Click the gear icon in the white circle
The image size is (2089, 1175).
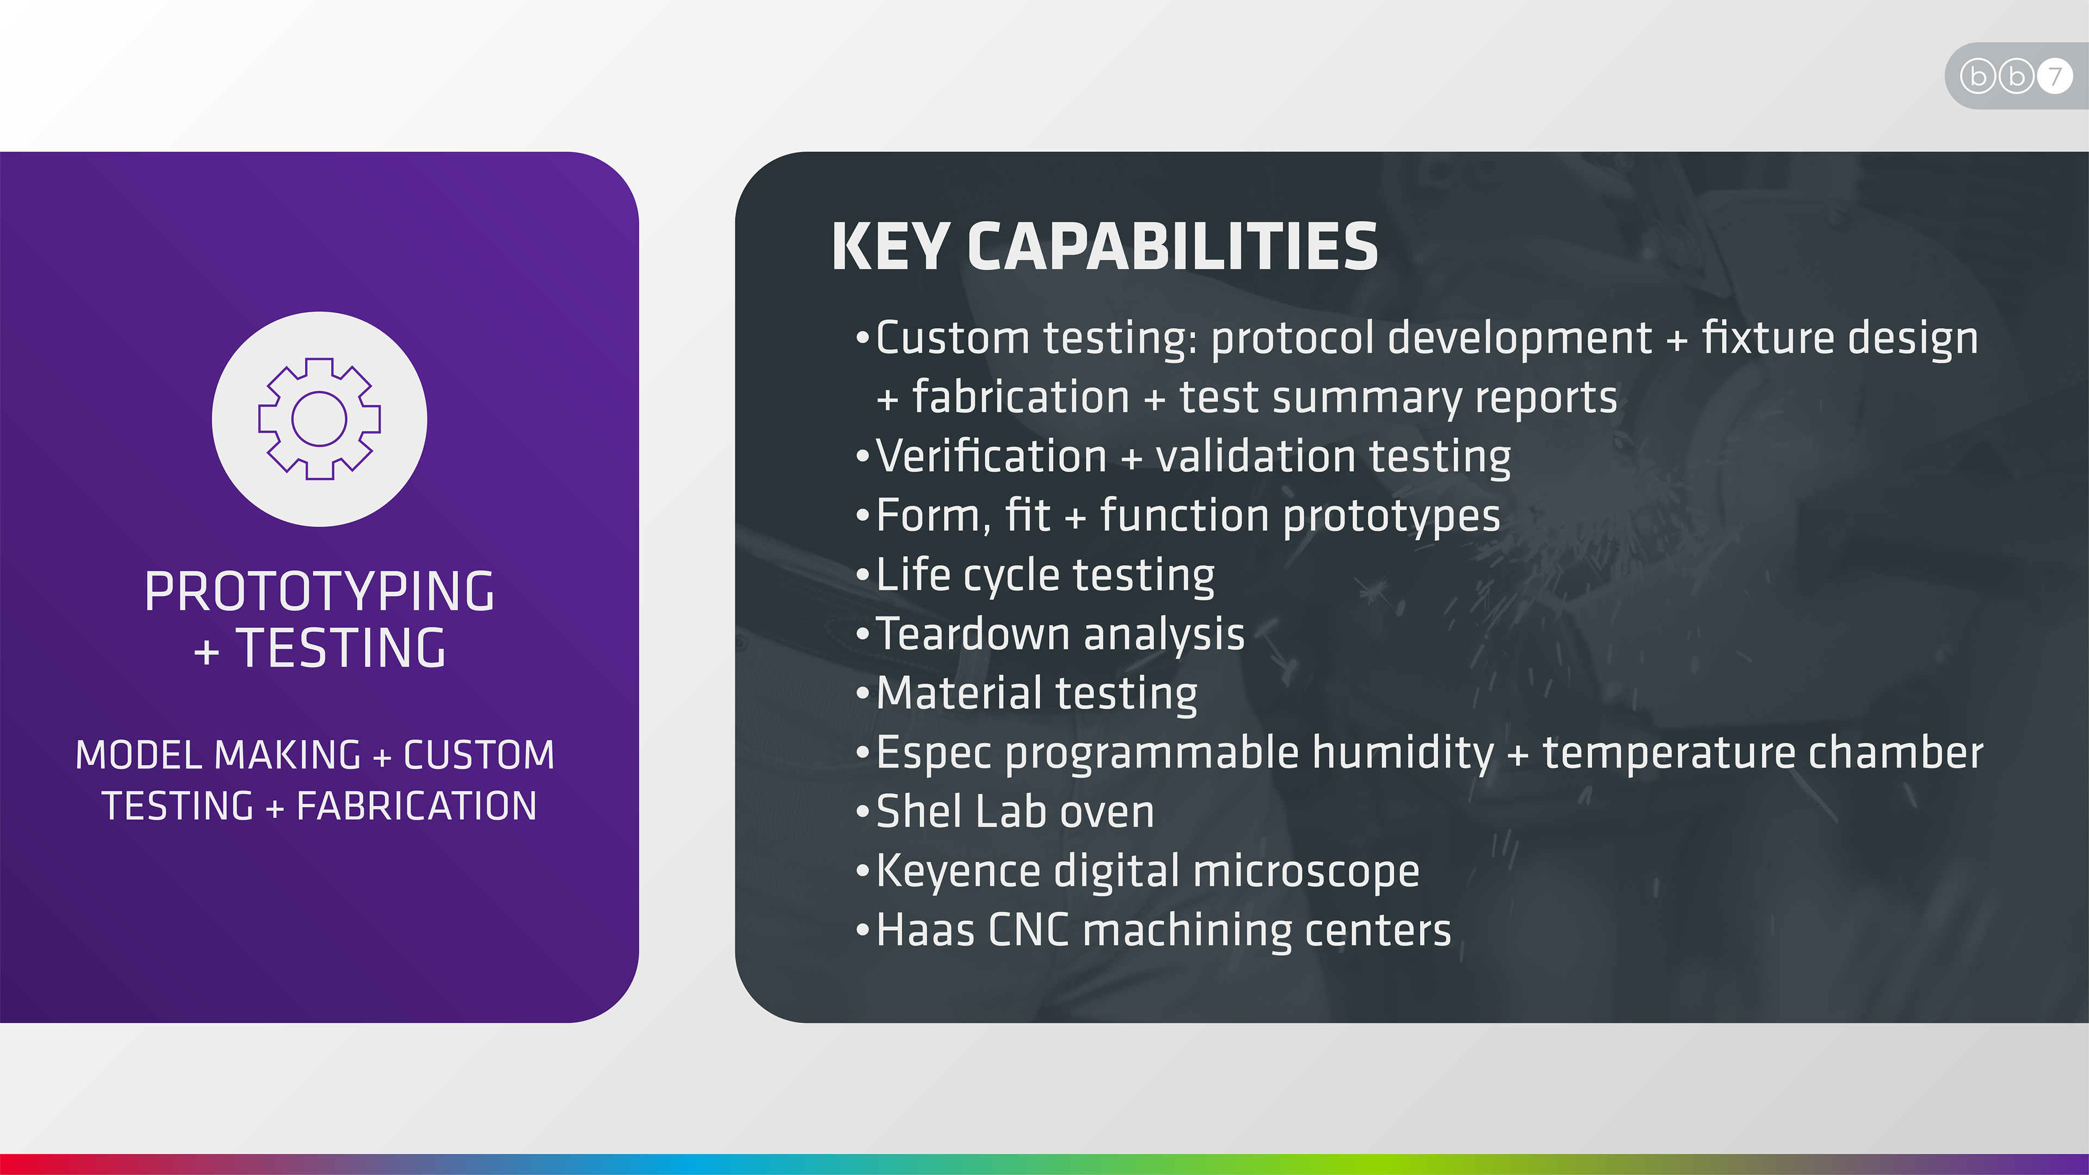point(319,418)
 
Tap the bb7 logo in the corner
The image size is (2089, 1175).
point(2016,76)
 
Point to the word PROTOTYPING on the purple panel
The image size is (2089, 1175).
point(319,591)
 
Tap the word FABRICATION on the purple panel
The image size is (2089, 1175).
point(417,806)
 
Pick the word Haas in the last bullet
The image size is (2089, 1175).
point(925,930)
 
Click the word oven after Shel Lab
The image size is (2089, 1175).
point(1107,813)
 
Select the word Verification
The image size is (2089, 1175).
point(992,456)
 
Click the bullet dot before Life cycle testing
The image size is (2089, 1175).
point(862,575)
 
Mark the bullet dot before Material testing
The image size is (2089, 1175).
point(862,694)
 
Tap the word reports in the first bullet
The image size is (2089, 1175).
point(1546,398)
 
